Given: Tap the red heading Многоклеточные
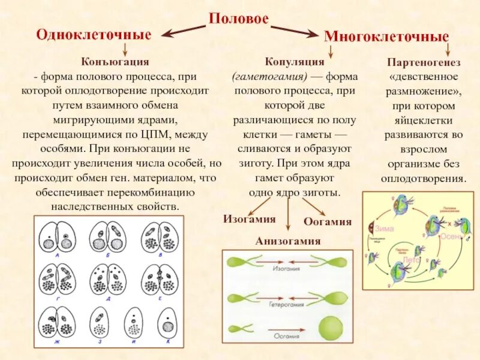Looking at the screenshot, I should click(x=386, y=36).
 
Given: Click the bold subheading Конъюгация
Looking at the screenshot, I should click(x=114, y=61).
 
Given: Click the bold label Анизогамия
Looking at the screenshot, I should click(x=288, y=241).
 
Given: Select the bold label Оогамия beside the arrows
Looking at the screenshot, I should click(x=328, y=221).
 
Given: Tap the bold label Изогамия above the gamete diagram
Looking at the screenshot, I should click(x=250, y=219).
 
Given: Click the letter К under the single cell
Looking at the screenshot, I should click(x=168, y=341).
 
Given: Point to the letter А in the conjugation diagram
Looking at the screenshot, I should click(x=56, y=254).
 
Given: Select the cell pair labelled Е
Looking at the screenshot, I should click(x=160, y=278).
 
